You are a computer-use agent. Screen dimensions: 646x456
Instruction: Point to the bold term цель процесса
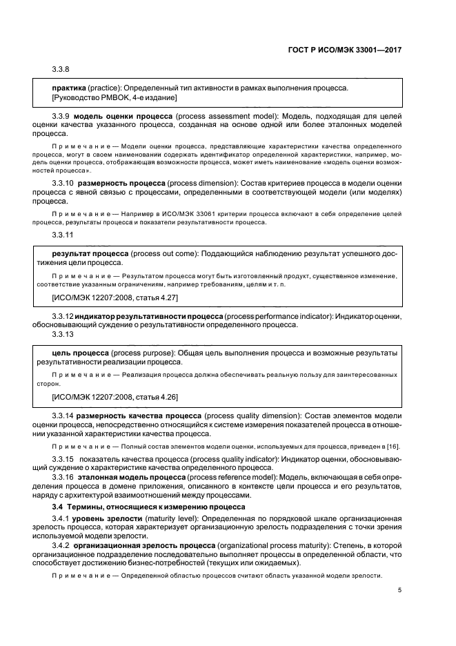[x=80, y=352]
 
